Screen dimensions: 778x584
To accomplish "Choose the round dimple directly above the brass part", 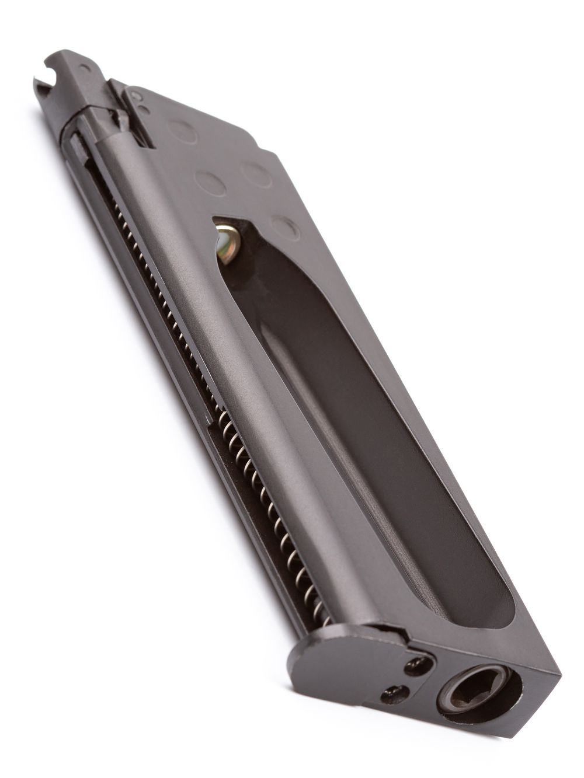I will tap(210, 183).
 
